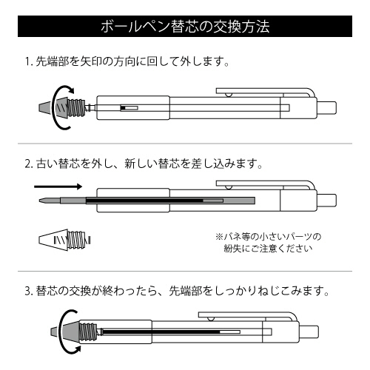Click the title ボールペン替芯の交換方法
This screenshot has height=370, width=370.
(x=185, y=27)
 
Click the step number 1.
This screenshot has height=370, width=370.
(x=28, y=61)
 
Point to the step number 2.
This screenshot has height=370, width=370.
(x=29, y=164)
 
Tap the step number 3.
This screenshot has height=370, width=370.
(x=29, y=291)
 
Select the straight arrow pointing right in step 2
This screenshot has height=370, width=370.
(x=58, y=186)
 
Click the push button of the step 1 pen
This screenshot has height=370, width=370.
(x=326, y=108)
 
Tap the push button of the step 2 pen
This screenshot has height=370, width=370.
(x=326, y=201)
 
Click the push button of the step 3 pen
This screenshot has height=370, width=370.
(x=309, y=332)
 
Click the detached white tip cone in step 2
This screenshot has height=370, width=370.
(x=53, y=240)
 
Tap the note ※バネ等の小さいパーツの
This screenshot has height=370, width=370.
(x=268, y=237)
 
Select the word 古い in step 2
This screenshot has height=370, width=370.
(x=47, y=164)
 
